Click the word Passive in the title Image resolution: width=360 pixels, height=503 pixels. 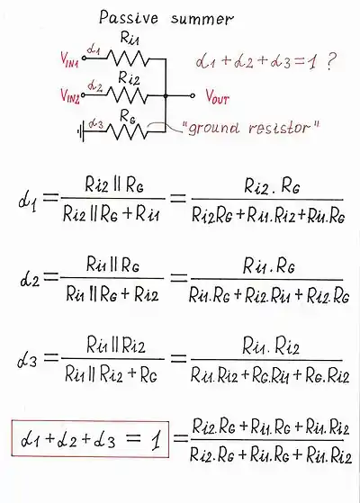[129, 18]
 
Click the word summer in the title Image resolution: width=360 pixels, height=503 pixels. [202, 20]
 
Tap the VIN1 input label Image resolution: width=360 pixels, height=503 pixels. [69, 59]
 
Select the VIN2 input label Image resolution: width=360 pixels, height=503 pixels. [70, 95]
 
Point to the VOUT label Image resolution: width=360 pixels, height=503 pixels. [217, 96]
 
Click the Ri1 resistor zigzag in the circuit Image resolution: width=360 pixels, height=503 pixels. [128, 58]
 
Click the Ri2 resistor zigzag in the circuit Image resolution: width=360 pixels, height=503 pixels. [128, 95]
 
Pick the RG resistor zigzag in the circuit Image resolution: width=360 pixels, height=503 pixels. [128, 131]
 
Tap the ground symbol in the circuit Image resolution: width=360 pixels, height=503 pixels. [81, 131]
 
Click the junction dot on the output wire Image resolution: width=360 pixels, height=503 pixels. [166, 95]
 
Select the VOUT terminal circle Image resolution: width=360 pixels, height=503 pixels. [193, 95]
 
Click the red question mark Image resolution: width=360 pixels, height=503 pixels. [330, 62]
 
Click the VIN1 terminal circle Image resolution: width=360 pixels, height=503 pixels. [84, 58]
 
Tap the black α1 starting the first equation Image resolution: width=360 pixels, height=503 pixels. [28, 200]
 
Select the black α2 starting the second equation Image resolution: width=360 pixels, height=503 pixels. [30, 278]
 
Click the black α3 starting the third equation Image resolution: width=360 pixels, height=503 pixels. [27, 359]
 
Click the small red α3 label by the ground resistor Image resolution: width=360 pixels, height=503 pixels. [95, 123]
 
